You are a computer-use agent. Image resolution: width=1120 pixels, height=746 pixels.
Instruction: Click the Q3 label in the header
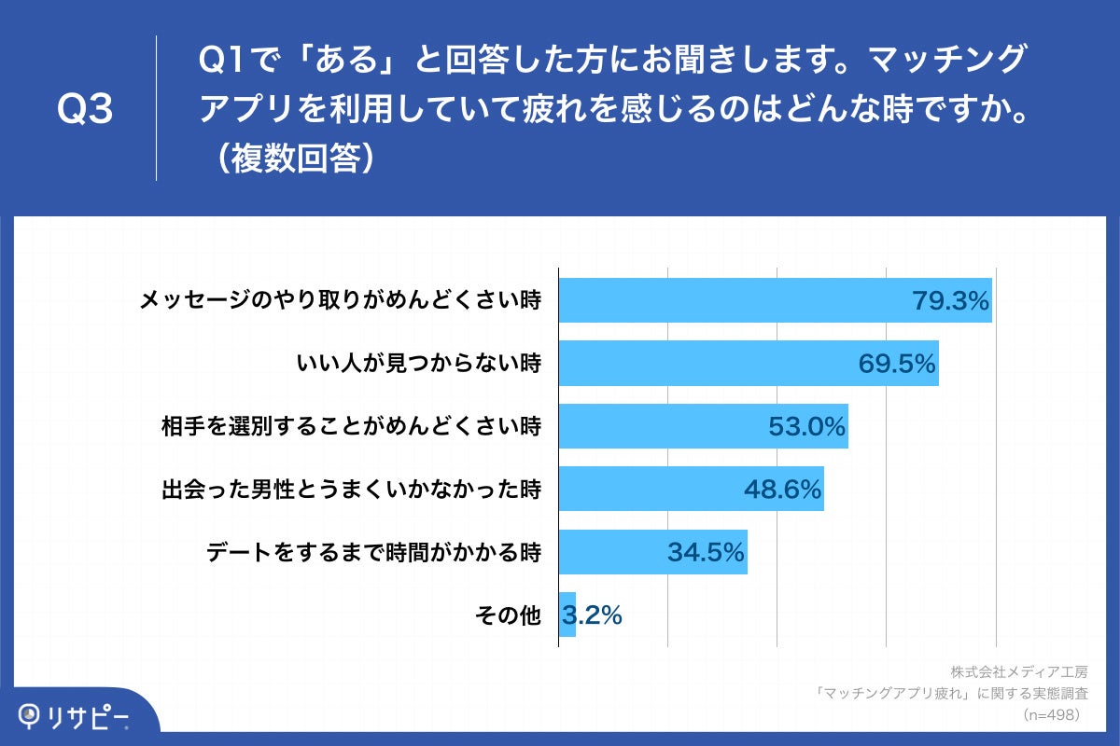pyautogui.click(x=85, y=110)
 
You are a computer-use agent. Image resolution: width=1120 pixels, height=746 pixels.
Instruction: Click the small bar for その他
pyautogui.click(x=567, y=615)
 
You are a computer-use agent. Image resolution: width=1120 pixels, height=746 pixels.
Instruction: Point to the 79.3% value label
pyautogui.click(x=949, y=300)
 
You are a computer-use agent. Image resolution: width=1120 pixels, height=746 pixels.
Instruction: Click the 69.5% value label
pyautogui.click(x=897, y=364)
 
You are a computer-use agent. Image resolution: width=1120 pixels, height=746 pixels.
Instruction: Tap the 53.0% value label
pyautogui.click(x=806, y=426)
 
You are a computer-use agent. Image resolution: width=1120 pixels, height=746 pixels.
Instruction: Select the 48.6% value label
pyautogui.click(x=782, y=489)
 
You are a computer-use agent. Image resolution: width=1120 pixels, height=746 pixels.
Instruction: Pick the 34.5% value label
pyautogui.click(x=706, y=552)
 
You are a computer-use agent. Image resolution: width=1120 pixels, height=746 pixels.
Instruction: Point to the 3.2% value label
pyautogui.click(x=593, y=615)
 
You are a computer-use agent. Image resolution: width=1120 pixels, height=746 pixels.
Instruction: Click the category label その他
pyautogui.click(x=508, y=615)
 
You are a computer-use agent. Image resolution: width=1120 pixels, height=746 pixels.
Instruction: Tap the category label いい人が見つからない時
pyautogui.click(x=418, y=364)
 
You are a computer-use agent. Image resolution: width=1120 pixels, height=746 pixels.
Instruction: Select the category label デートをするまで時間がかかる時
pyautogui.click(x=373, y=552)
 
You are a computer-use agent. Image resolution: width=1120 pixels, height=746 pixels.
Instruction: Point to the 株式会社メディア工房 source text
pyautogui.click(x=1019, y=671)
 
